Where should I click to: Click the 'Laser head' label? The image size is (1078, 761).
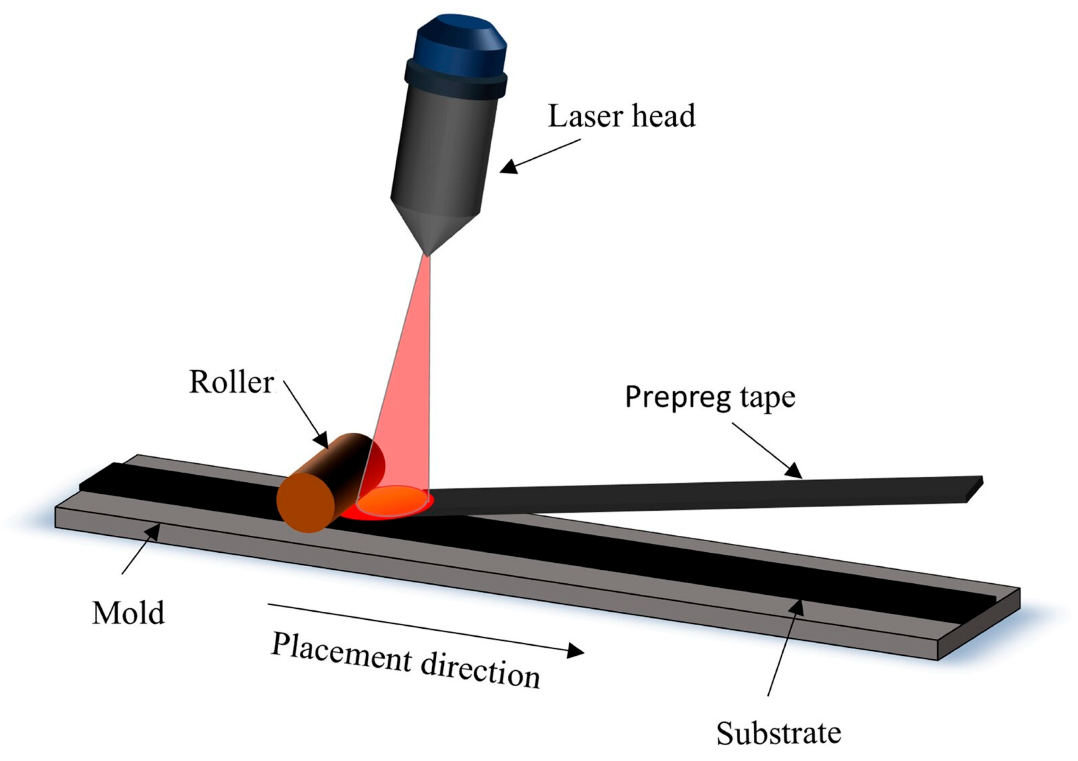point(621,116)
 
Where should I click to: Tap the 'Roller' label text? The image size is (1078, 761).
point(232,383)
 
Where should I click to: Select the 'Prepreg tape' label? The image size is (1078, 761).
point(710,397)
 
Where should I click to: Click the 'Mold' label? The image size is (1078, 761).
point(128,613)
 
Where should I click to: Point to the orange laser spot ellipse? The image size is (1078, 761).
point(392,501)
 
